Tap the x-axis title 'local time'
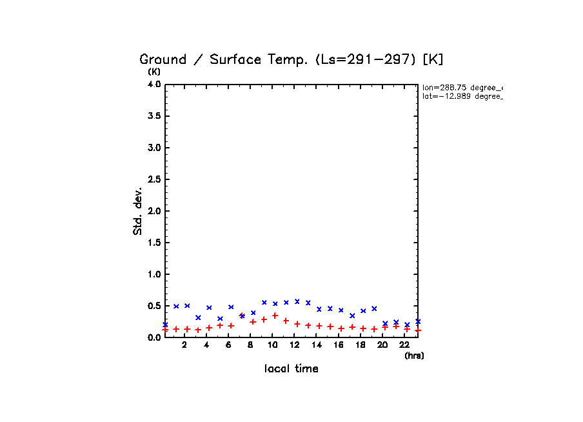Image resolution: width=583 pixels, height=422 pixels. coord(291,369)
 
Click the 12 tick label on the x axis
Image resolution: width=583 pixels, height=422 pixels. coord(294,345)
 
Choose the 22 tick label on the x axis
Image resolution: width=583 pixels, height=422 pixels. coord(404,345)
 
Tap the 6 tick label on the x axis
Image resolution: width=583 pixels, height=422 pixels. coord(228,345)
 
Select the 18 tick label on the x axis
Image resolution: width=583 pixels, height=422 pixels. coord(361,345)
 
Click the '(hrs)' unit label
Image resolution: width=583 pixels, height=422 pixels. coord(414,356)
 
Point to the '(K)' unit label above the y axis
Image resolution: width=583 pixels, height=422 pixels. coord(154,72)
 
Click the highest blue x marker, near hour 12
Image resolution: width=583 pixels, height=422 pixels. coord(297,301)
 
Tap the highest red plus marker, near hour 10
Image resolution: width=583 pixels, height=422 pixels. coord(275,316)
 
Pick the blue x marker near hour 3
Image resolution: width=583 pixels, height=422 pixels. coord(198,317)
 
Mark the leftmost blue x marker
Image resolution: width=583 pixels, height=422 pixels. coord(165,325)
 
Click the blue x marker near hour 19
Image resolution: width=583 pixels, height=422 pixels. coord(374,308)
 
